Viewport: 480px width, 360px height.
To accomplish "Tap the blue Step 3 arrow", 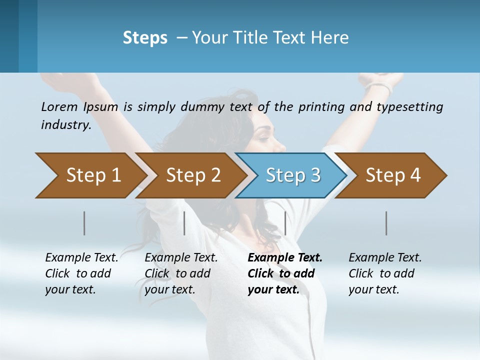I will [x=293, y=175].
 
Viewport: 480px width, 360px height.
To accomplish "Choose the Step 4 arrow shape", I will [x=393, y=175].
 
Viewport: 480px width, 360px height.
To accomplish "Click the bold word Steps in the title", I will [x=145, y=38].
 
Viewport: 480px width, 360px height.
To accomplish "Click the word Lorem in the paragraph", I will [x=59, y=106].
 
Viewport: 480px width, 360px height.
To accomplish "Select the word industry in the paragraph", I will [x=65, y=125].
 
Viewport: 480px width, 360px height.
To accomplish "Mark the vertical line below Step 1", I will [x=84, y=223].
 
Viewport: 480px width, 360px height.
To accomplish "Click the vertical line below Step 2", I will [x=184, y=223].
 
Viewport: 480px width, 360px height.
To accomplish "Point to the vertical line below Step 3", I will [x=285, y=223].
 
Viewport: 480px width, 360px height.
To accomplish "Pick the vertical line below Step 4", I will [x=386, y=223].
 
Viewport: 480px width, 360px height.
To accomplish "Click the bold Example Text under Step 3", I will [x=285, y=258].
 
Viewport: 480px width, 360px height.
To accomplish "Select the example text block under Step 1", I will [x=81, y=273].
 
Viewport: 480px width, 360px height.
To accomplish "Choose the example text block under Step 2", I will [x=181, y=273].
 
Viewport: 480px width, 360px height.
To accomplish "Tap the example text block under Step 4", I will [x=385, y=273].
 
